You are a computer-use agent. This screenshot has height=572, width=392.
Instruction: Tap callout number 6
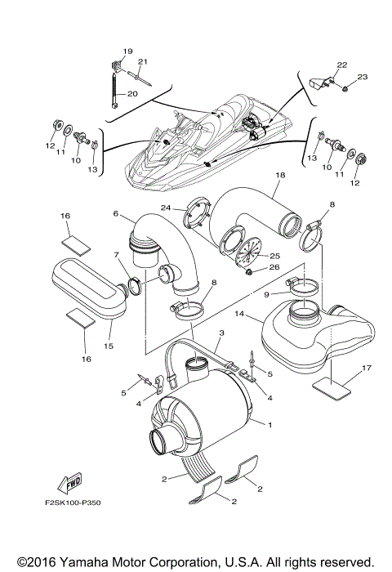pyautogui.click(x=117, y=214)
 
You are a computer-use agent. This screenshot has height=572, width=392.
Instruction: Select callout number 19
pyautogui.click(x=127, y=51)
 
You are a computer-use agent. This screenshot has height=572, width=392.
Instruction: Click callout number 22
pyautogui.click(x=341, y=65)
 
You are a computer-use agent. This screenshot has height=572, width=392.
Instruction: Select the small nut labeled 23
pyautogui.click(x=346, y=87)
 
